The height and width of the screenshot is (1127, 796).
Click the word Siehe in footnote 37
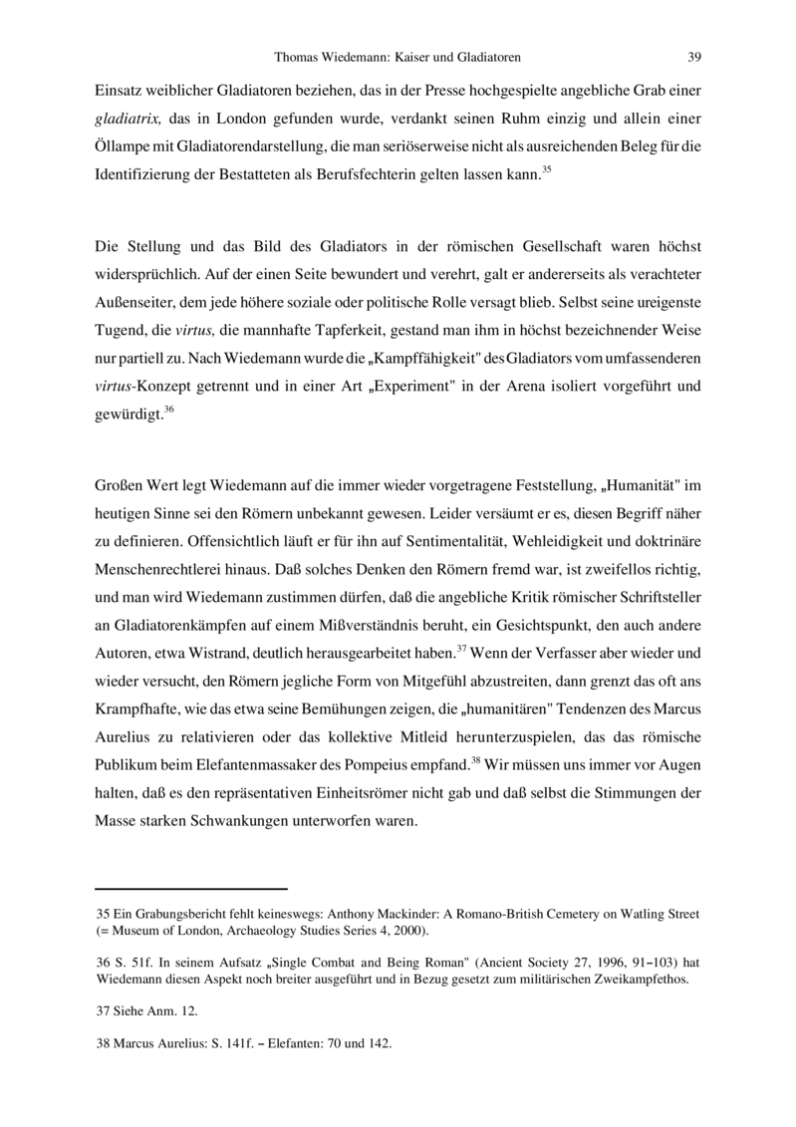tap(130, 1010)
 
